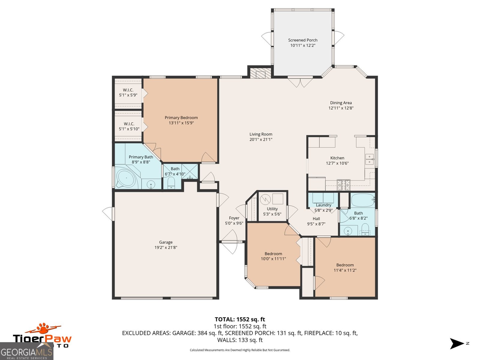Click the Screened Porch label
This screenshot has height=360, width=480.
[x=302, y=40]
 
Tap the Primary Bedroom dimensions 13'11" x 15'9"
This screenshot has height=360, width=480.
[x=181, y=123]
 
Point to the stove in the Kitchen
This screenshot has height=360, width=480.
[x=343, y=185]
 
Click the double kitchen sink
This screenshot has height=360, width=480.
[x=369, y=159]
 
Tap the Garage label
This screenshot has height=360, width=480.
[x=166, y=242]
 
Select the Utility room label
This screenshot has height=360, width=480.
[x=272, y=209]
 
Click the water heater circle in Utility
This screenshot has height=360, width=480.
[x=265, y=199]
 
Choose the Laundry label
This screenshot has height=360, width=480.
[x=323, y=205]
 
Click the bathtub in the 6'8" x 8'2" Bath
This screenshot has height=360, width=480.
[x=362, y=200]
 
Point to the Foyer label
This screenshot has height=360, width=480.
[x=234, y=218]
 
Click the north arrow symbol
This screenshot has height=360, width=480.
[x=457, y=343]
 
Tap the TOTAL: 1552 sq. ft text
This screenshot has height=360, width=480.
[x=240, y=319]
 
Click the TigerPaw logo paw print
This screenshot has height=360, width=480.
[x=43, y=328]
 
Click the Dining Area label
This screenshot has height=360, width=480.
[x=341, y=103]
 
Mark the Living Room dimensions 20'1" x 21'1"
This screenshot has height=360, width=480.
[x=261, y=139]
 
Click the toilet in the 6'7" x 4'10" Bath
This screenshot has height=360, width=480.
[x=171, y=182]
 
